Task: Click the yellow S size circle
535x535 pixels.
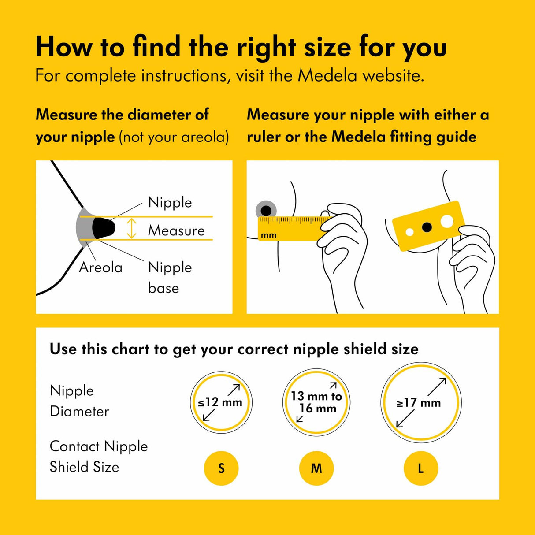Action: [221, 468]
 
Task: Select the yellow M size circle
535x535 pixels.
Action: [316, 468]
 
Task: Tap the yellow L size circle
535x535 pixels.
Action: [421, 468]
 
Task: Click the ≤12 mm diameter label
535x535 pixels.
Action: [220, 402]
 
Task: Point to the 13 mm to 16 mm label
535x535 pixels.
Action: [316, 402]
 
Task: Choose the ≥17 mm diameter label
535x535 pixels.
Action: [419, 403]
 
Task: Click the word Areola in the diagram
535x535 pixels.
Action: [100, 267]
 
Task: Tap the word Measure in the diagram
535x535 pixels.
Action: [176, 230]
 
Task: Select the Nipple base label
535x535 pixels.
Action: [170, 278]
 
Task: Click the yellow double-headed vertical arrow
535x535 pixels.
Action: [131, 228]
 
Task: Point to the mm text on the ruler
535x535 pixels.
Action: [268, 235]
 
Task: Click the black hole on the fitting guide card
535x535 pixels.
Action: [427, 227]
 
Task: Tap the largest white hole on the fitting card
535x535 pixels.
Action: [446, 221]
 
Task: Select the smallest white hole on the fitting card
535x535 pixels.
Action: [409, 232]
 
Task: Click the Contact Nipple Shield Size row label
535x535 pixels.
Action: [98, 457]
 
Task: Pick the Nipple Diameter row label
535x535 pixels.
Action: [79, 401]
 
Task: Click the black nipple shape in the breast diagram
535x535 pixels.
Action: [104, 228]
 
